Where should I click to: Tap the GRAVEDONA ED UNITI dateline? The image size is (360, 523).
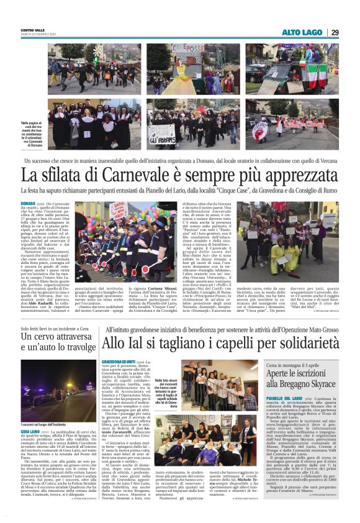click(x=120, y=361)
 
